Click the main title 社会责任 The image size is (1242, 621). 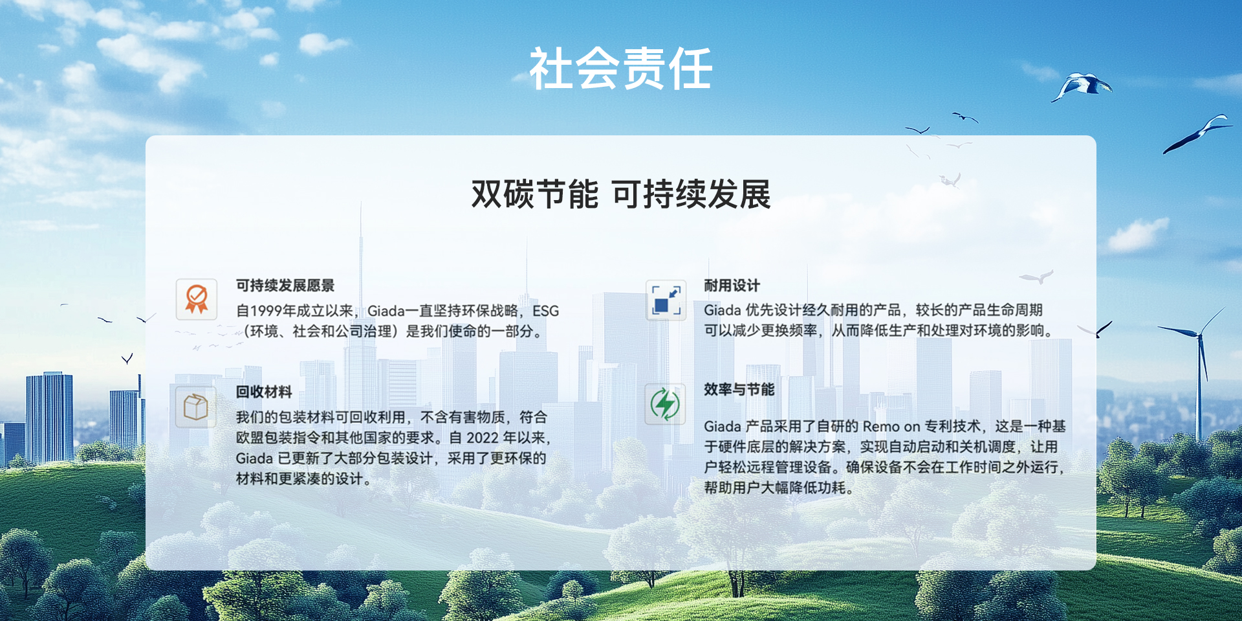pyautogui.click(x=621, y=69)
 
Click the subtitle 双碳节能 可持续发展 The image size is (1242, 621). pyautogui.click(x=621, y=194)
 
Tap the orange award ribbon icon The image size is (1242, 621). pyautogui.click(x=197, y=299)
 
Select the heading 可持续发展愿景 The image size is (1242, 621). pyautogui.click(x=285, y=286)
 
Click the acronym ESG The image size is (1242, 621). pyautogui.click(x=545, y=311)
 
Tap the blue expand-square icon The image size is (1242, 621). pyautogui.click(x=666, y=300)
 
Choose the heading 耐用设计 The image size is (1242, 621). pyautogui.click(x=732, y=286)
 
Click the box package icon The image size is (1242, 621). pyautogui.click(x=196, y=407)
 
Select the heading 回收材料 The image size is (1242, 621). pyautogui.click(x=263, y=392)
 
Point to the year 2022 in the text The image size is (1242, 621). pyautogui.click(x=483, y=438)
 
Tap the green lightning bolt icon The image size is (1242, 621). pyautogui.click(x=665, y=404)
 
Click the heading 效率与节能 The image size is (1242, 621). pyautogui.click(x=739, y=389)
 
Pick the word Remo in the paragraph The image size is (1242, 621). pyautogui.click(x=881, y=426)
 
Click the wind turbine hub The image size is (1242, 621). pyautogui.click(x=1200, y=335)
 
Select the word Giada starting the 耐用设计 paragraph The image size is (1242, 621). pyautogui.click(x=723, y=310)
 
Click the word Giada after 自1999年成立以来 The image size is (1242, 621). pyautogui.click(x=386, y=311)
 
